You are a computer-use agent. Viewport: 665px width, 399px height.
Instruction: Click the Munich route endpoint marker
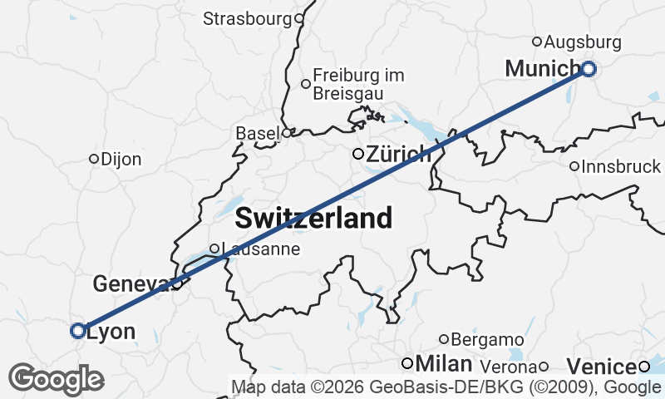589,69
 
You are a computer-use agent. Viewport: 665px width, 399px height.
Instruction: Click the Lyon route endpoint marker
78,331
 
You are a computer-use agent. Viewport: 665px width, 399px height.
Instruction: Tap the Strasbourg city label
248,18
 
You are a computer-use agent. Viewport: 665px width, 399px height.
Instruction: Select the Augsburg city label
584,41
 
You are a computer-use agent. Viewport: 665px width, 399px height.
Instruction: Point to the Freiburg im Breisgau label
359,84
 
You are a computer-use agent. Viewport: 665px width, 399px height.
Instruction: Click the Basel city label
258,133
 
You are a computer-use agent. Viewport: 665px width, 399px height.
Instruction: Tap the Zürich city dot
358,154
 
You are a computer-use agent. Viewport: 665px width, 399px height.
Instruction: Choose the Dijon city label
121,159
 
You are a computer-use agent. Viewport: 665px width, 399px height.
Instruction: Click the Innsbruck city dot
574,166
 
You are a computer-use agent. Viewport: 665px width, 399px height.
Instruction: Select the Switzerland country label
313,219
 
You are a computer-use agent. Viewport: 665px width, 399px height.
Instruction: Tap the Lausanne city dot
214,249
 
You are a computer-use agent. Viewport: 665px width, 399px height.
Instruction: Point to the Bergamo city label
487,339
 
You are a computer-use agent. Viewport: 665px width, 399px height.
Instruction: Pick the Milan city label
444,364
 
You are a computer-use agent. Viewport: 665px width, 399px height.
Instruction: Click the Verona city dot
544,367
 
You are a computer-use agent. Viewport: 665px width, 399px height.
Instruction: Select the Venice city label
602,366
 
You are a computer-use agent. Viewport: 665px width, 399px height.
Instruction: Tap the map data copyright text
446,387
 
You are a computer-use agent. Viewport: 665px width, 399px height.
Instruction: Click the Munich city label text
542,69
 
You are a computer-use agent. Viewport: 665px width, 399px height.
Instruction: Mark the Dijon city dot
94,159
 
